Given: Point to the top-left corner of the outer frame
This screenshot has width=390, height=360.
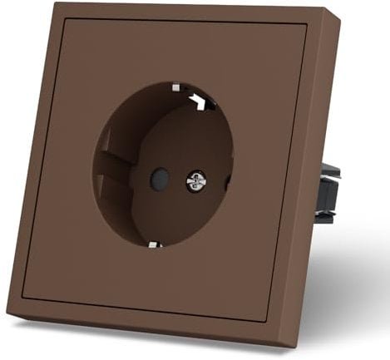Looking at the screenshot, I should coord(55,4).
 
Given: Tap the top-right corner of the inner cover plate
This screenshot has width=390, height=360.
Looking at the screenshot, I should coord(306,27).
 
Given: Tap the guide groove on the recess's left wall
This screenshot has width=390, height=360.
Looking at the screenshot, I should coord(106,175).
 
